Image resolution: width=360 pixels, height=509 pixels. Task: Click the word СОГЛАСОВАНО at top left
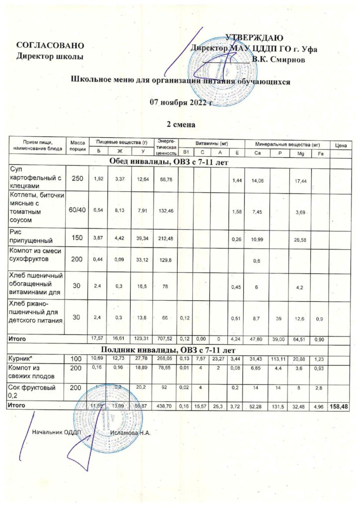(47, 46)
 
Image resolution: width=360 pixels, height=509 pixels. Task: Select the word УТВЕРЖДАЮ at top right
(255, 38)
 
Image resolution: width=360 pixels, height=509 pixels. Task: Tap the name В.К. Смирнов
(282, 60)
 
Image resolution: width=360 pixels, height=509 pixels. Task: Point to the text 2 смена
(180, 123)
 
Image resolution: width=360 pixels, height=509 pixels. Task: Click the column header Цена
(341, 146)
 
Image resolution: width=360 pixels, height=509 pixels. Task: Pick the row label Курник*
(22, 358)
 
